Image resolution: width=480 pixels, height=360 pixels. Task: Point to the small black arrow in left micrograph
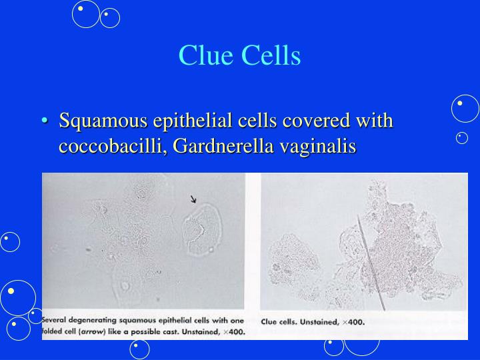pos(194,199)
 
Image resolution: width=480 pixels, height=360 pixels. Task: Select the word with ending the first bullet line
pos(374,122)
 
